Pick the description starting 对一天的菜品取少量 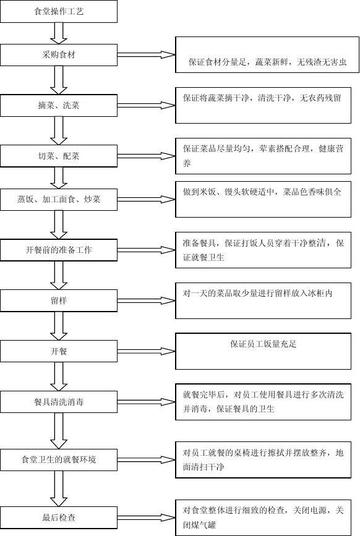pos(265,295)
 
